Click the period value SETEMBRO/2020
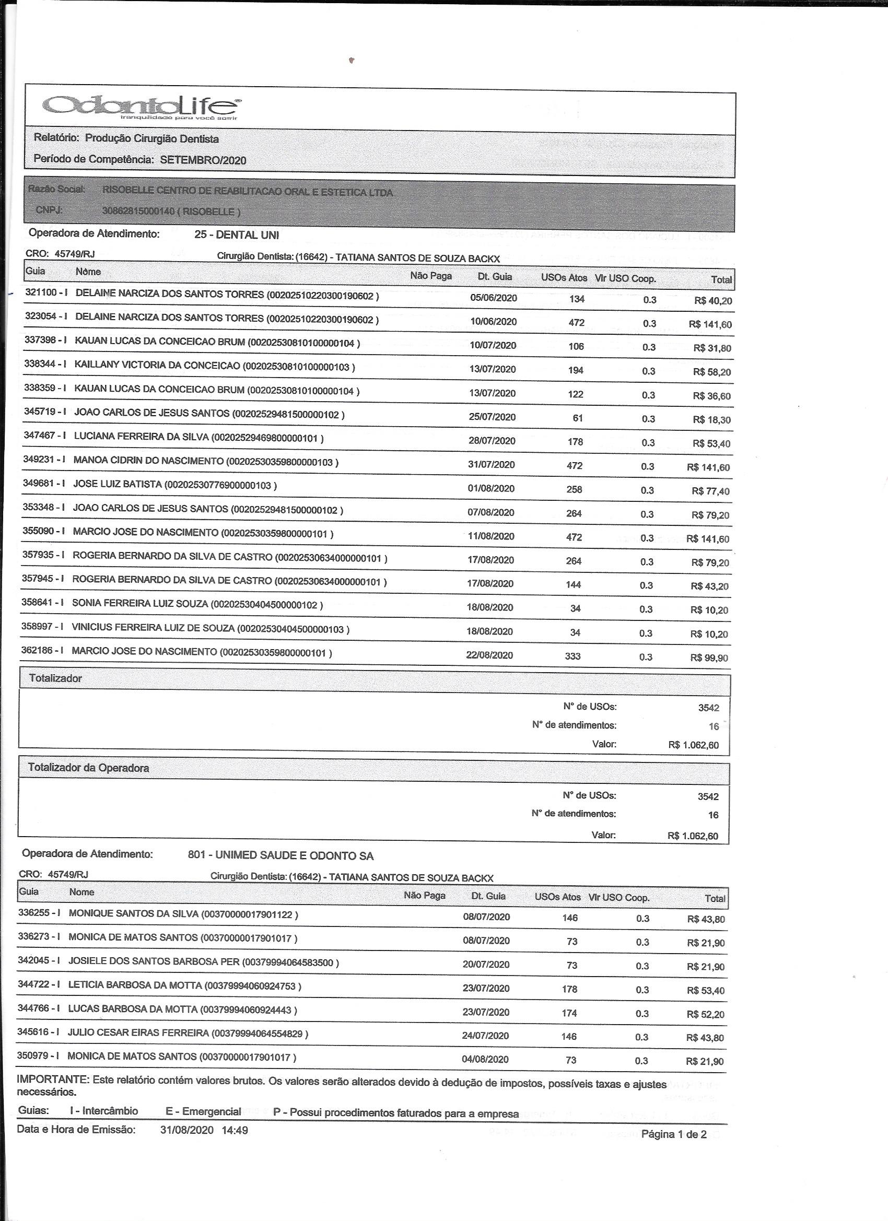point(203,160)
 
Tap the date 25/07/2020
point(492,417)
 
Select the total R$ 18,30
point(712,419)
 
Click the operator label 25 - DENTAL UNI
point(237,235)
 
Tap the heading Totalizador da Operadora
point(88,768)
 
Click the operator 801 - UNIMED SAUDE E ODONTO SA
point(281,855)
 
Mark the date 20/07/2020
point(486,964)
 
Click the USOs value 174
point(569,1013)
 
